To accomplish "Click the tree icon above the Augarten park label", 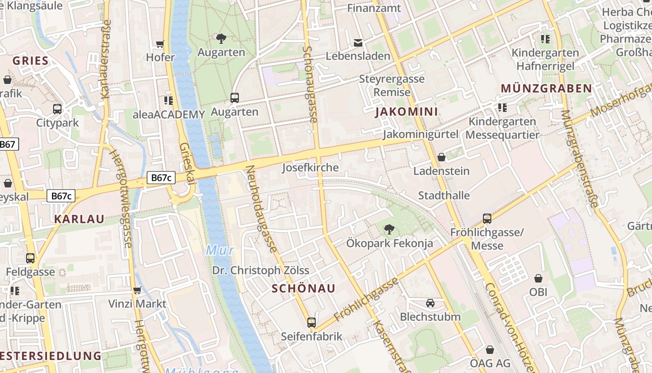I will point(221,39).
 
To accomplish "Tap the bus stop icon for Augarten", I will point(235,98).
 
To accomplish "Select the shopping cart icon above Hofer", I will point(160,44).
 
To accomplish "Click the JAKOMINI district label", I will point(407,111).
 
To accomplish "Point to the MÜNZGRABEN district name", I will point(546,88).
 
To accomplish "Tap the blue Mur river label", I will point(220,250).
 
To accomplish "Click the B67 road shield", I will point(8,144).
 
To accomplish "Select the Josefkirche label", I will point(310,167).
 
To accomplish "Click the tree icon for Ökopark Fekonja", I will point(389,229).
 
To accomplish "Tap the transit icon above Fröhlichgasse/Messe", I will point(487,218).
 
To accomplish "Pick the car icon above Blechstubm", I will point(430,303).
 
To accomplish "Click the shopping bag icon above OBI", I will point(538,278).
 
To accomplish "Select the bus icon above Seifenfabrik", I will point(312,322).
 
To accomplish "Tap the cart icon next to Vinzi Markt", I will point(137,290).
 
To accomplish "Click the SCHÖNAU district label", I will point(303,288).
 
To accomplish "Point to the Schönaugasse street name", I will point(310,84).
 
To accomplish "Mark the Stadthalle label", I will point(444,195).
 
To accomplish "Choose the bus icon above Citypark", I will point(57,109).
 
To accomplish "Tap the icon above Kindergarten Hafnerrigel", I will point(545,39).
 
